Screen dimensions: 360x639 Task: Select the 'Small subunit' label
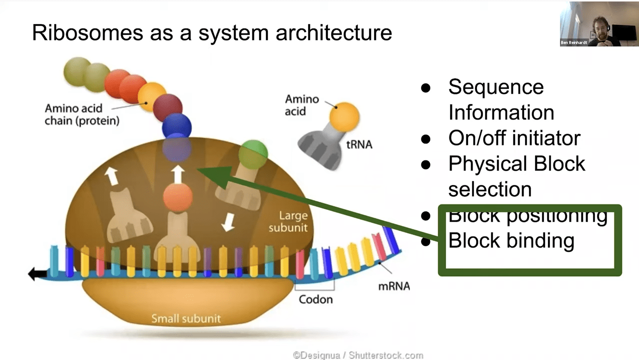point(186,318)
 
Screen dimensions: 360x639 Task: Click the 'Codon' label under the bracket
point(315,299)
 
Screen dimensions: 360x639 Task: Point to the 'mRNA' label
point(394,286)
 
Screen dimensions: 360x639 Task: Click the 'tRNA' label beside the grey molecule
point(359,144)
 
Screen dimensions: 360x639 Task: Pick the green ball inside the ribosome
point(252,154)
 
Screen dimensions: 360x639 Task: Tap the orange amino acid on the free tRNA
point(344,116)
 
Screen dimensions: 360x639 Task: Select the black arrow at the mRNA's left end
point(37,273)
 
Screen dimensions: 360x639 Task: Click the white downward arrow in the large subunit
point(228,221)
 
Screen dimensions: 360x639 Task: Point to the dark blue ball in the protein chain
point(176,124)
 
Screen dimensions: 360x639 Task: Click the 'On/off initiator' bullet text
point(514,138)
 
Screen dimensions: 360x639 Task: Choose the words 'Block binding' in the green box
point(511,240)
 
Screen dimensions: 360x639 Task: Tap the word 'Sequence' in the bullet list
point(495,87)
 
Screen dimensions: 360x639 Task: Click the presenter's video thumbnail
point(598,23)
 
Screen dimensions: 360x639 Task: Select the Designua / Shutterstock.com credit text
point(357,355)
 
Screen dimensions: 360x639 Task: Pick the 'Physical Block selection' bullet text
point(516,176)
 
